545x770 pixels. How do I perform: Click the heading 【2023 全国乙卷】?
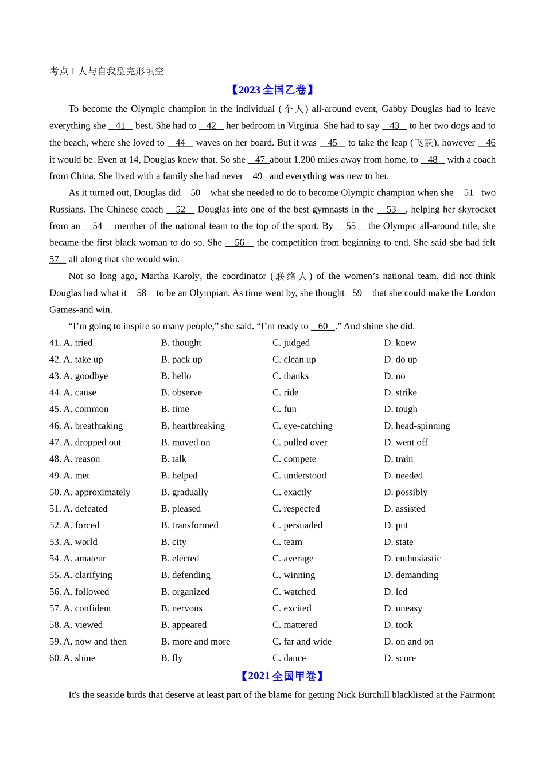click(x=272, y=90)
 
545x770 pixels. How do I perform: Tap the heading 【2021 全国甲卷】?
click(x=282, y=676)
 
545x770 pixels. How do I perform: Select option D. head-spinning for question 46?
click(x=416, y=426)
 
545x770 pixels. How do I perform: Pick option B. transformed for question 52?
click(x=189, y=525)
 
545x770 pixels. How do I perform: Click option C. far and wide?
click(x=302, y=641)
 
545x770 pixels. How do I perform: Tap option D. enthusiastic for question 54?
click(x=412, y=558)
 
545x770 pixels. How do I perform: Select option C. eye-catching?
click(x=302, y=426)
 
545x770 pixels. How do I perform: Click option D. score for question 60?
click(x=400, y=658)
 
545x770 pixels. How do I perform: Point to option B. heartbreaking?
click(x=193, y=426)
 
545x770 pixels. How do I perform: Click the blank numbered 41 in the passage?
click(x=120, y=125)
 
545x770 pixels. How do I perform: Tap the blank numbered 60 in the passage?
click(x=323, y=326)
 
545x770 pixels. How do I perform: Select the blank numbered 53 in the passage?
click(x=391, y=209)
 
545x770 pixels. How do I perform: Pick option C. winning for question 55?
click(x=294, y=575)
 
